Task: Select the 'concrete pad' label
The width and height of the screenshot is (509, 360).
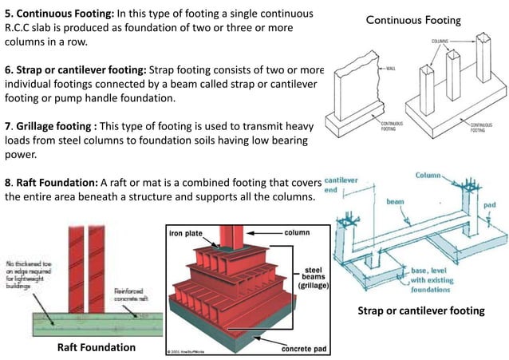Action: pyautogui.click(x=306, y=348)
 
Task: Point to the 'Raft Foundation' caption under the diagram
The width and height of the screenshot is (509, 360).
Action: pyautogui.click(x=96, y=347)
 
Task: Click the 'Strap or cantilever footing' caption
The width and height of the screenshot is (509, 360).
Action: pyautogui.click(x=420, y=311)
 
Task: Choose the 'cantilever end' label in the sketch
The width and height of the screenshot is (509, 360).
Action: pyautogui.click(x=341, y=185)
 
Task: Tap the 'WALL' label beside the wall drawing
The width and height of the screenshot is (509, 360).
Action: pyautogui.click(x=390, y=69)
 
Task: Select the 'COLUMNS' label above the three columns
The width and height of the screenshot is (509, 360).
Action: pyautogui.click(x=440, y=39)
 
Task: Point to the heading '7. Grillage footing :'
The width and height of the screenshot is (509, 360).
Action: pyautogui.click(x=53, y=126)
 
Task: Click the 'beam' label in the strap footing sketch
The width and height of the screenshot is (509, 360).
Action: pyautogui.click(x=395, y=204)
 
